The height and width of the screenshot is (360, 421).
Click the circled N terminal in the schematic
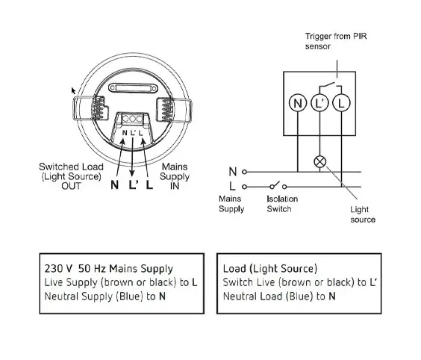point(298,103)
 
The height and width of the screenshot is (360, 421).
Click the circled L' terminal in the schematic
point(319,103)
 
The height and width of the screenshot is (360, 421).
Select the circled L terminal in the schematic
point(341,103)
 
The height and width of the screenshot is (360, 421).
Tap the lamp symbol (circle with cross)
point(319,162)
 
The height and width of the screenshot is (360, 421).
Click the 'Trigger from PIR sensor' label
point(336,41)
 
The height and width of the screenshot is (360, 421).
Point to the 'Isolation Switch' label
point(282,204)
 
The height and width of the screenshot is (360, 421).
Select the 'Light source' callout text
point(363,214)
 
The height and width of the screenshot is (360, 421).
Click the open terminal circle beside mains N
point(244,172)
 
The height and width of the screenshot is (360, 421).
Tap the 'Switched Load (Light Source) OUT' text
point(71,176)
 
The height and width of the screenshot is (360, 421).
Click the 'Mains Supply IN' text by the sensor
point(175,176)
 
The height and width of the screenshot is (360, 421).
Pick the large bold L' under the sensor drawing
point(134,184)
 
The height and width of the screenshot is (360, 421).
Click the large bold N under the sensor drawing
point(114,184)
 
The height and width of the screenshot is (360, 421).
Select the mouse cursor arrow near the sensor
point(73,91)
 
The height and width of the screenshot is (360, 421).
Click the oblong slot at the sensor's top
point(133,88)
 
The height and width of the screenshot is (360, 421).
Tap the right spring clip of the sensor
point(175,111)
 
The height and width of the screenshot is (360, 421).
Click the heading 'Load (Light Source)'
point(270,269)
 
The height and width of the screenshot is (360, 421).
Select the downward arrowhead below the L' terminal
point(132,173)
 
